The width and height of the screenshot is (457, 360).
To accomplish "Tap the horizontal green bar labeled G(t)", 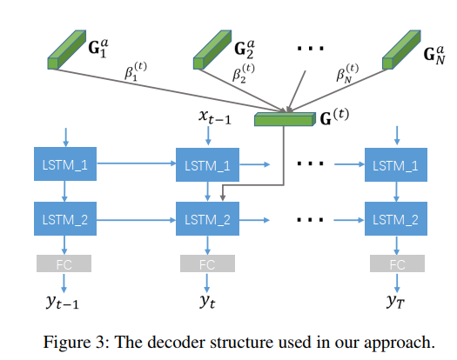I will [284, 119].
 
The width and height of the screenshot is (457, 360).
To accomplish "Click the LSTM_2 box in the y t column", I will [207, 219].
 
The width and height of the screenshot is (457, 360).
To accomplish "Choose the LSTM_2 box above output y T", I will [396, 219].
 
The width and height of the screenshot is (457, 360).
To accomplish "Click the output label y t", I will [207, 303].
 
